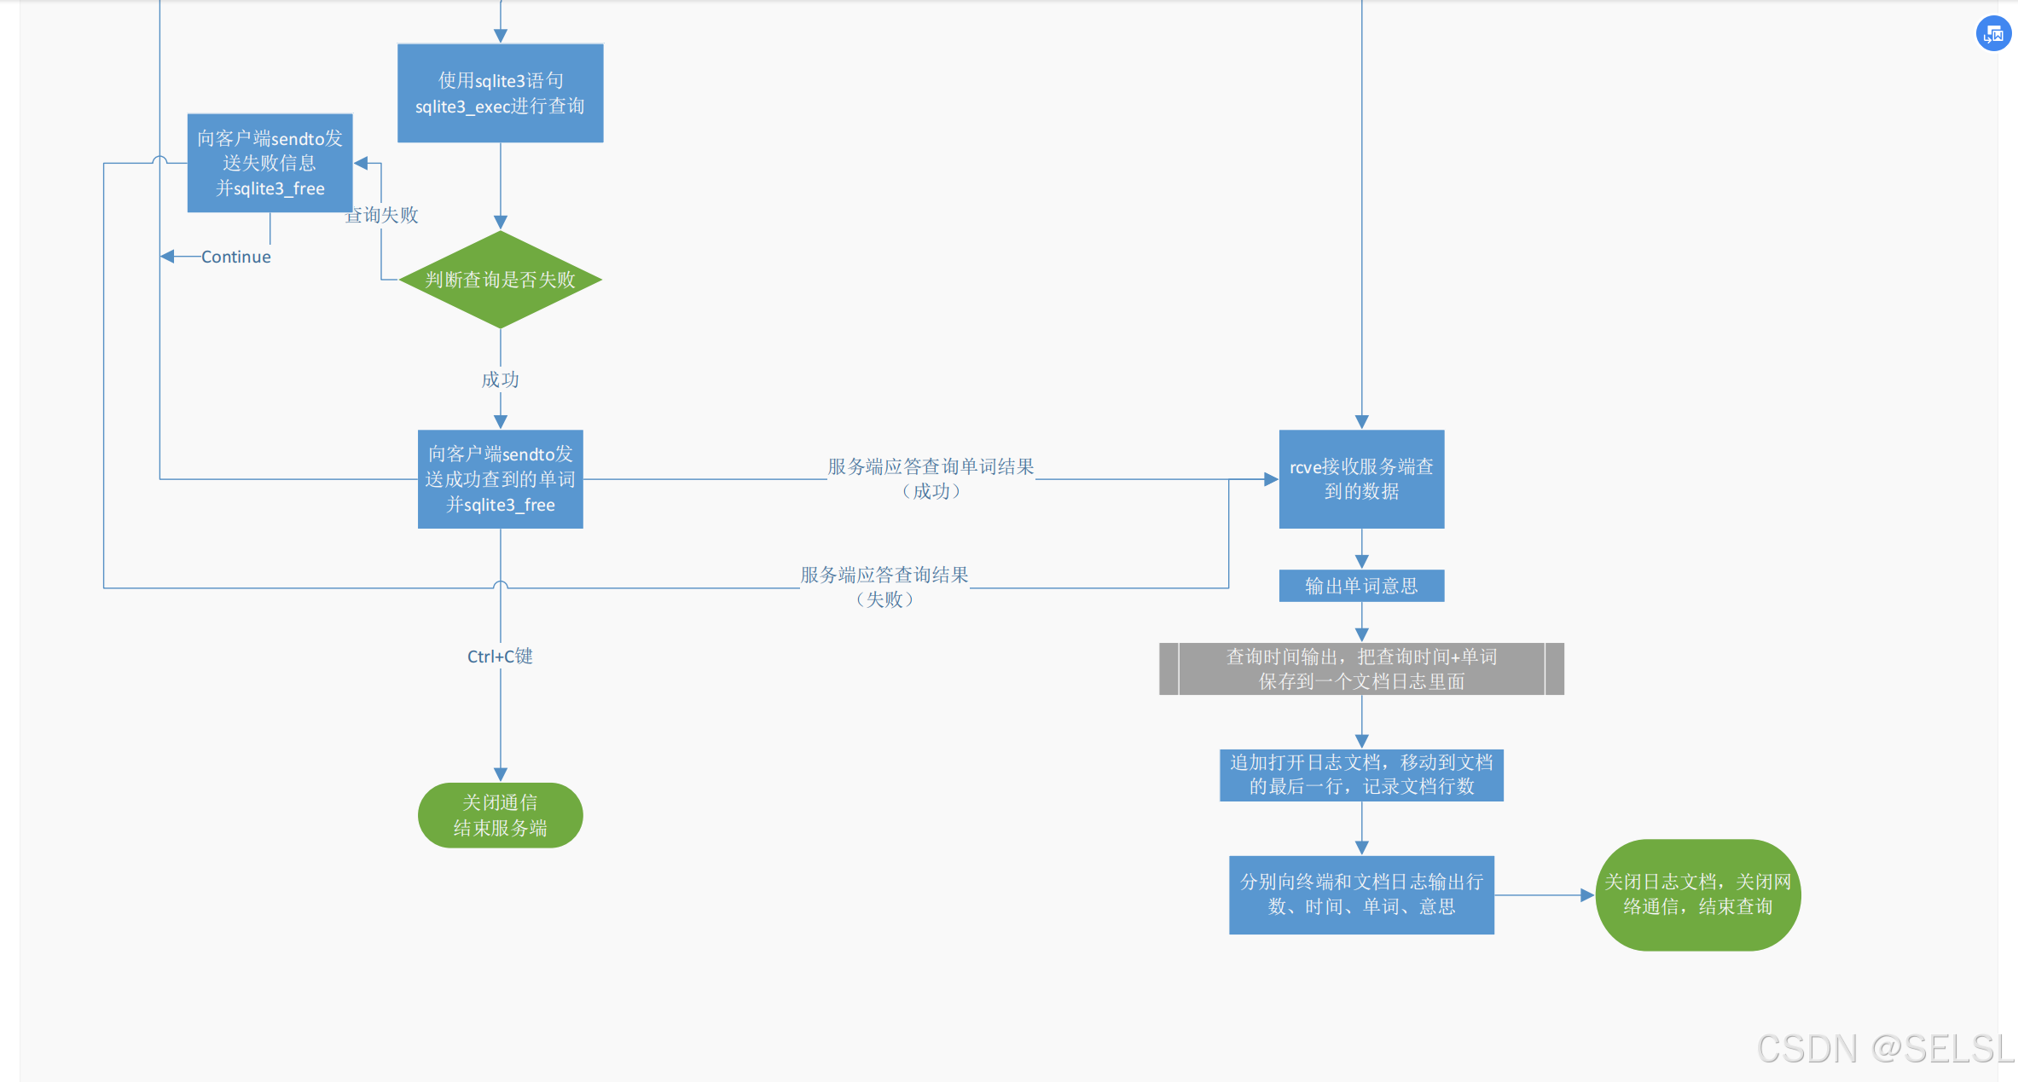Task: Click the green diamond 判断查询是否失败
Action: coord(501,280)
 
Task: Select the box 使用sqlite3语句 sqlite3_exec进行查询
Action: coord(501,93)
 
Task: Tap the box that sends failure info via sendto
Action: coord(270,163)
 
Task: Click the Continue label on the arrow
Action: coord(235,257)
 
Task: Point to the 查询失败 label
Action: coord(383,215)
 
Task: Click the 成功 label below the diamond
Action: coord(500,379)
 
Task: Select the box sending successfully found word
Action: coord(501,479)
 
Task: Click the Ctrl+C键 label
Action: coord(500,656)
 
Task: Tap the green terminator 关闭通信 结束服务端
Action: coord(501,815)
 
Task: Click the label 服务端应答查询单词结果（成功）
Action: coord(931,478)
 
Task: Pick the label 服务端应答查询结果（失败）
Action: coord(884,587)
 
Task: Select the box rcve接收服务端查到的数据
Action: coord(1361,479)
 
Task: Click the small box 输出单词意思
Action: coord(1361,586)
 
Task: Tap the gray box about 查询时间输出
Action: coord(1361,668)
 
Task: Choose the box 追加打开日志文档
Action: coord(1361,774)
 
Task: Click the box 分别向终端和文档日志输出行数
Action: coord(1361,894)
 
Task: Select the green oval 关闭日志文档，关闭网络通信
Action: coord(1697,894)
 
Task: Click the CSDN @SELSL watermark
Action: coord(1885,1049)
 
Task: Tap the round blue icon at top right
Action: coord(1993,34)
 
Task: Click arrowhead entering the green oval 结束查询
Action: coord(1587,895)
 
